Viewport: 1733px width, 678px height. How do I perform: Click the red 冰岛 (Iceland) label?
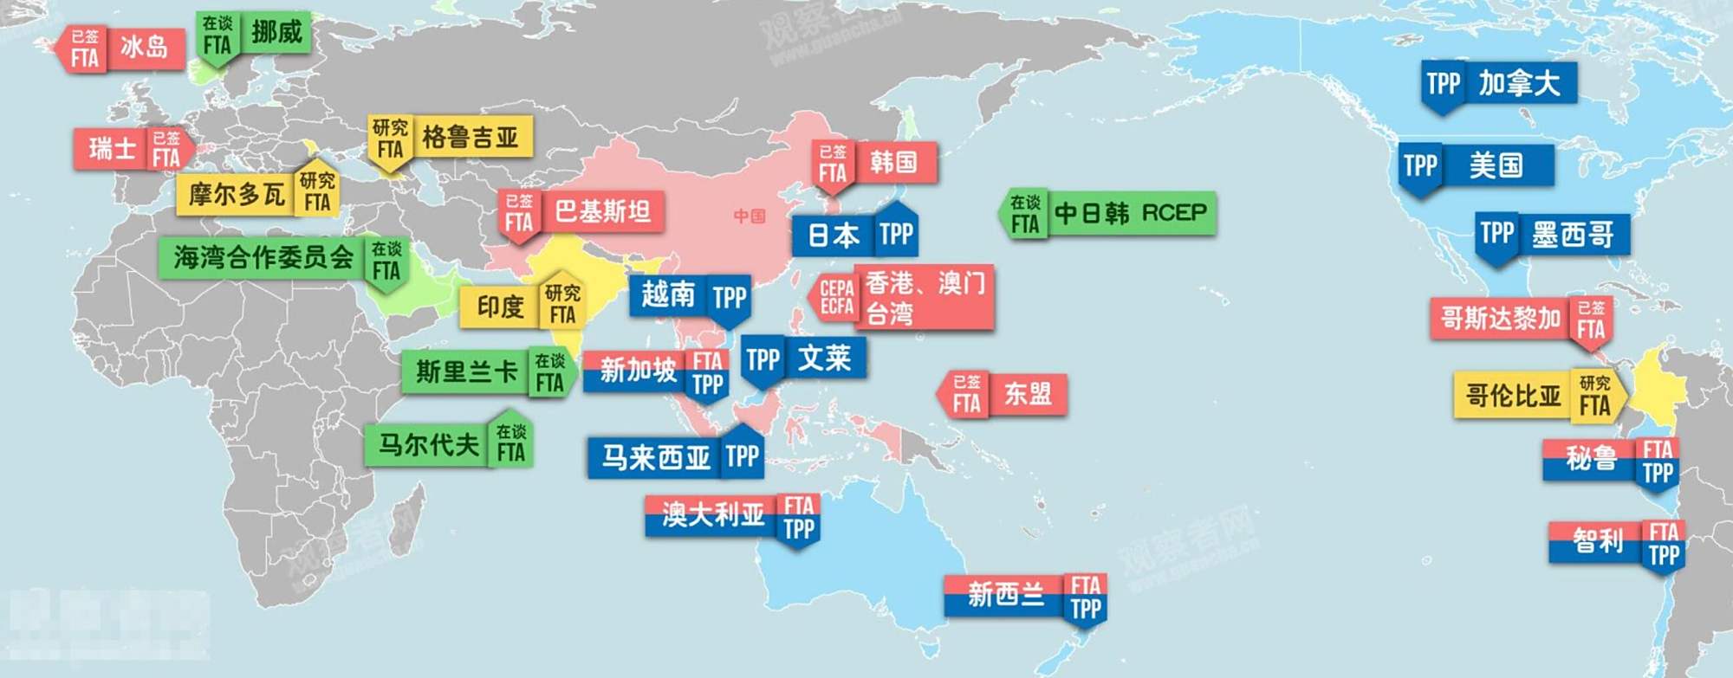point(144,48)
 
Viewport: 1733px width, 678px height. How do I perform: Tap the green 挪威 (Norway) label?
point(276,33)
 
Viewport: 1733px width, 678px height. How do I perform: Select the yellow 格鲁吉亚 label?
point(470,137)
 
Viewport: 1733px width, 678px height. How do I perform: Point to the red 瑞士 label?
point(114,149)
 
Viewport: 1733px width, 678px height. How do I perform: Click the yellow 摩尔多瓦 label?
point(237,194)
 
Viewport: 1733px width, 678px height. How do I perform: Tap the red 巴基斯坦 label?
point(602,211)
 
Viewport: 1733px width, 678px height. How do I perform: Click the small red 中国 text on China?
point(750,216)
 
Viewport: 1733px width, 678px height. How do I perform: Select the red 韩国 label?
point(892,162)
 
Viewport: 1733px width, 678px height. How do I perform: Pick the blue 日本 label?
point(834,235)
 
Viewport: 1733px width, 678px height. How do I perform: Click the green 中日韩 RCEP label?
point(1130,213)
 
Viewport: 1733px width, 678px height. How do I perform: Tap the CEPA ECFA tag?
point(836,297)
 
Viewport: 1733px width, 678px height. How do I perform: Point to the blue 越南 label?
point(668,295)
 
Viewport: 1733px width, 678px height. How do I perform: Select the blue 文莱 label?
point(824,358)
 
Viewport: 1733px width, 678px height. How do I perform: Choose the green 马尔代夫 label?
point(428,445)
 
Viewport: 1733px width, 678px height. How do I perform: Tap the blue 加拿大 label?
point(1518,83)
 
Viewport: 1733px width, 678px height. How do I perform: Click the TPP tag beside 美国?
point(1420,165)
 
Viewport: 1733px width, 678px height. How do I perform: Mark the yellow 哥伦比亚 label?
point(1513,396)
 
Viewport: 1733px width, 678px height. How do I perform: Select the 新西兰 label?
point(1005,595)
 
